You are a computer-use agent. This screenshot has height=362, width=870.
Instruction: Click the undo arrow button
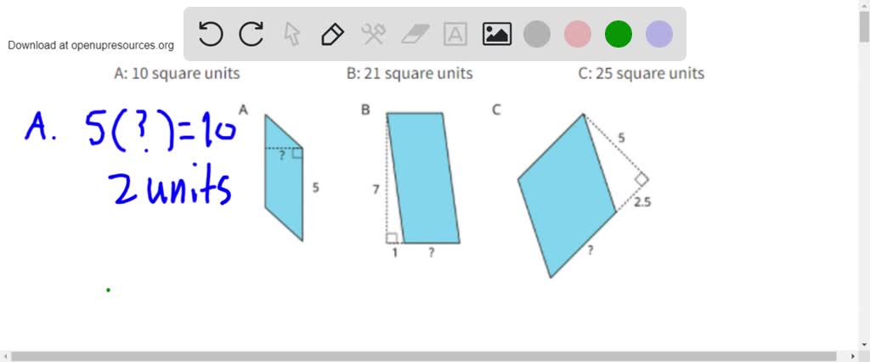pos(211,34)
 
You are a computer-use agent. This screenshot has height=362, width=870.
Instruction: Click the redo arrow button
pos(251,34)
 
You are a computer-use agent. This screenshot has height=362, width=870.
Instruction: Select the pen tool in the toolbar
pos(332,34)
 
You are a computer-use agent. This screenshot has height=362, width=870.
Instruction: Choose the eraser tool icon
pos(415,34)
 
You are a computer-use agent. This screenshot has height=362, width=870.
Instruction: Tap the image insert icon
pos(496,34)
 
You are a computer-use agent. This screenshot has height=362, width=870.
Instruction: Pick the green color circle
pos(619,34)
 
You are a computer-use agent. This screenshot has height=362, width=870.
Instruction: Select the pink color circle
pos(578,34)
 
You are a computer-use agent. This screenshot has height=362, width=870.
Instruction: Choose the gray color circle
pos(537,34)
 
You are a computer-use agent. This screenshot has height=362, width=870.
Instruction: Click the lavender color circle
pos(659,34)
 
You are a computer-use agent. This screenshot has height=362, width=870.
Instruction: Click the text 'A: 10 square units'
pos(177,74)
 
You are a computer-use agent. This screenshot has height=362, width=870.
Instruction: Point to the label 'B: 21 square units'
pos(410,74)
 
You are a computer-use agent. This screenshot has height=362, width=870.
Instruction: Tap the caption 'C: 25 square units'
pos(641,74)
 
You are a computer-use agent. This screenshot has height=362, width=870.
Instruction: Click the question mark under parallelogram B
pos(432,253)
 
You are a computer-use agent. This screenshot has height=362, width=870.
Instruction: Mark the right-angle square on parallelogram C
pos(641,179)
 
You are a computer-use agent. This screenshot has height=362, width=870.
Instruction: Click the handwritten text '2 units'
pos(170,189)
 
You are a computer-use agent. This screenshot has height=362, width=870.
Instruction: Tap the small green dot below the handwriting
pos(108,290)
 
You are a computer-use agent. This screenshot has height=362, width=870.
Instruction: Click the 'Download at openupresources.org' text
pos(91,45)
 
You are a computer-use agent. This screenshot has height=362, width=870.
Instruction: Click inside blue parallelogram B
pos(423,178)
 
